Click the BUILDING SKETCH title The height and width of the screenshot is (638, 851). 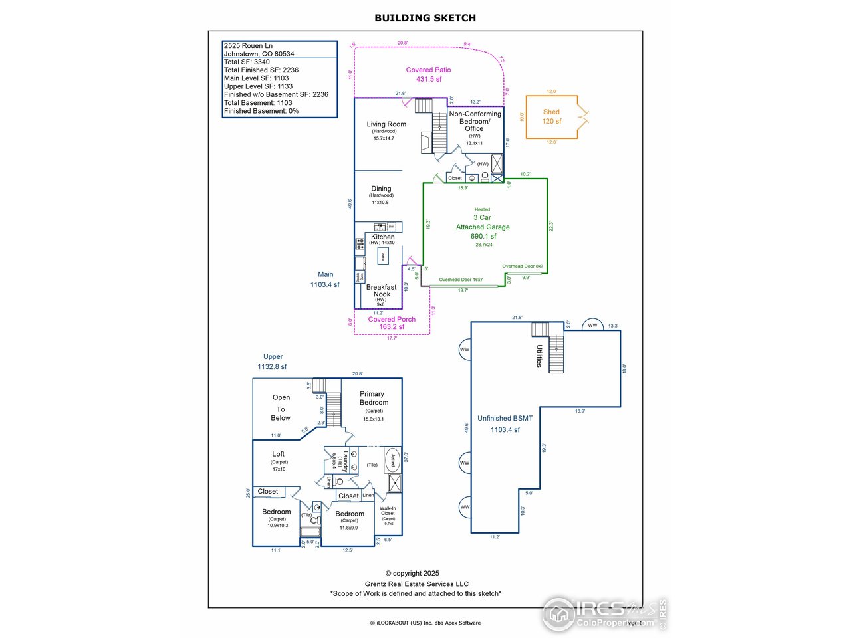pyautogui.click(x=425, y=18)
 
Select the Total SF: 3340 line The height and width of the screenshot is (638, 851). pyautogui.click(x=247, y=62)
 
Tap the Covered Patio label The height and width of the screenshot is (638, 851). pyautogui.click(x=428, y=70)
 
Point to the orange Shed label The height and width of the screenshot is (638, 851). pyautogui.click(x=551, y=112)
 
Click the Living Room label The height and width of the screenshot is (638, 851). pyautogui.click(x=386, y=124)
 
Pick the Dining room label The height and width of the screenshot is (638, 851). pyautogui.click(x=381, y=189)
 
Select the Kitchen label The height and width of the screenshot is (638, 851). pyautogui.click(x=383, y=237)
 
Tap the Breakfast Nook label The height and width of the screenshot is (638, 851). pyautogui.click(x=382, y=290)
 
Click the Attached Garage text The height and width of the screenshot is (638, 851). pyautogui.click(x=483, y=227)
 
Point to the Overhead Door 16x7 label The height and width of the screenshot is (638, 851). pyautogui.click(x=461, y=280)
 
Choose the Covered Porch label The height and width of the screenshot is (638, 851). pyautogui.click(x=392, y=319)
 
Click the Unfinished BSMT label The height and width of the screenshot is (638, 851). pyautogui.click(x=505, y=418)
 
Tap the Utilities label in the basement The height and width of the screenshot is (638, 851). pyautogui.click(x=539, y=356)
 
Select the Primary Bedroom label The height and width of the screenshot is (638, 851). pyautogui.click(x=374, y=398)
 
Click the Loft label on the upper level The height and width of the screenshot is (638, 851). pyautogui.click(x=278, y=454)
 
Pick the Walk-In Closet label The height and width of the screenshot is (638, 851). pyautogui.click(x=388, y=511)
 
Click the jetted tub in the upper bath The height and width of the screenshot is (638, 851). pyautogui.click(x=393, y=459)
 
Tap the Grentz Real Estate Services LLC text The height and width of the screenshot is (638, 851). pyautogui.click(x=416, y=584)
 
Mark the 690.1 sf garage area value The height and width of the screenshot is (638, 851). pyautogui.click(x=483, y=236)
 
